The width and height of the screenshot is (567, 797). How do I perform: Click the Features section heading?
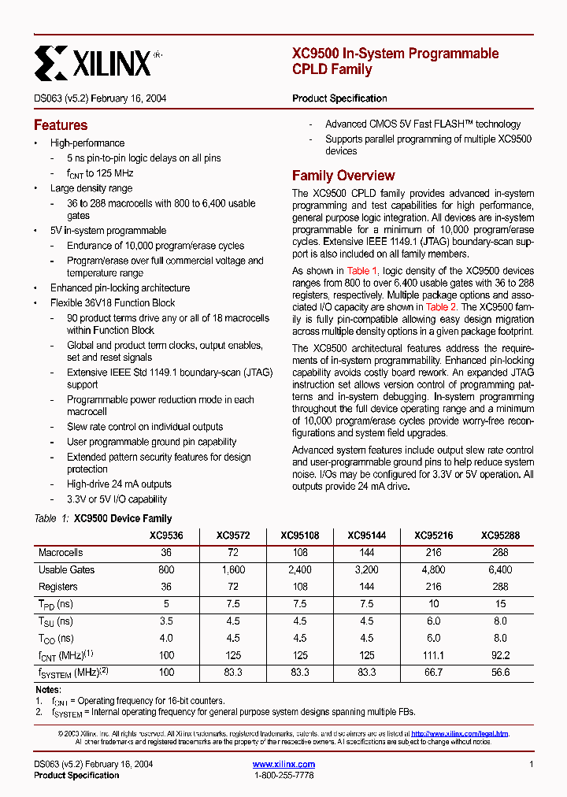61,125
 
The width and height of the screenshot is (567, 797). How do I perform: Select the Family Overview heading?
343,176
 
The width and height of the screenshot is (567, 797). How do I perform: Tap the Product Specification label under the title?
339,98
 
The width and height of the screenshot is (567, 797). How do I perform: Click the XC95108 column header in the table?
299,536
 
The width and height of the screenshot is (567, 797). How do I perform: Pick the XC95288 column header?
500,536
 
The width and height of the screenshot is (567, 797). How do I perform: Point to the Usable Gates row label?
66,569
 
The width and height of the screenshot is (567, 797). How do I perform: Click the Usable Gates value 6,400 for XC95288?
500,569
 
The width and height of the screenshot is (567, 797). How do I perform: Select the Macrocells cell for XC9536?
166,553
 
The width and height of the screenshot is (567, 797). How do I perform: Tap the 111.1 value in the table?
433,656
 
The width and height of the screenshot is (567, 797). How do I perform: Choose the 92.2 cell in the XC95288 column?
500,656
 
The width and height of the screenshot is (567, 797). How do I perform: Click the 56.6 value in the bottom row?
500,673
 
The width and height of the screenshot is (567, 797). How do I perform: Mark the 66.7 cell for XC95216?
433,673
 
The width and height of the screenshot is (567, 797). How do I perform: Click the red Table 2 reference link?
441,307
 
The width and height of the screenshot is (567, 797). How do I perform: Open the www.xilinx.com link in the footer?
283,764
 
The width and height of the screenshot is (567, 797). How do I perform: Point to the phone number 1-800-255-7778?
283,776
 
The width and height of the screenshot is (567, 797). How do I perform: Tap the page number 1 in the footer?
532,764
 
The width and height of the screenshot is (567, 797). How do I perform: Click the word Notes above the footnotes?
48,690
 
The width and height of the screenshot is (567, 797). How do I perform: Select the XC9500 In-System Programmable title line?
395,54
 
